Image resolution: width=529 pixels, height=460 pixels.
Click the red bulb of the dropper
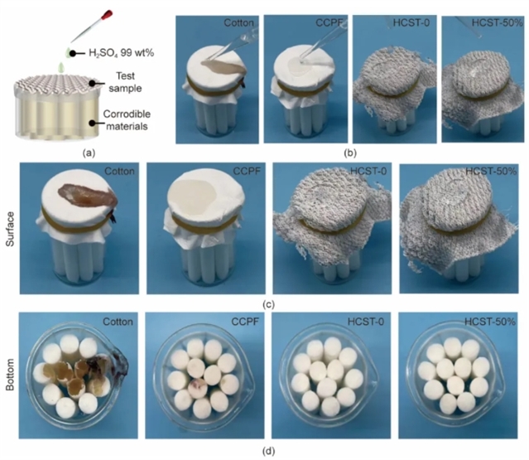click(x=108, y=16)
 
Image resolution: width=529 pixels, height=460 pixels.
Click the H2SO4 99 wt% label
click(x=122, y=53)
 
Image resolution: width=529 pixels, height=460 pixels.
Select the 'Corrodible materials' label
click(x=127, y=120)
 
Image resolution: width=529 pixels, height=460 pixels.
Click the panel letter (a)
click(x=89, y=153)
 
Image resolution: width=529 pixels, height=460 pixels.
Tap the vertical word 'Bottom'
click(x=11, y=375)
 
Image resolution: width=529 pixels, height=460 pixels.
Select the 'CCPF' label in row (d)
click(x=245, y=322)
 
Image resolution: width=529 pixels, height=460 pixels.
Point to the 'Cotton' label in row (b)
click(x=239, y=23)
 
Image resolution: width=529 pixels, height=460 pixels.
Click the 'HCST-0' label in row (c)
click(x=368, y=171)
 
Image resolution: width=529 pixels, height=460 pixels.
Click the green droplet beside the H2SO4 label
click(x=70, y=53)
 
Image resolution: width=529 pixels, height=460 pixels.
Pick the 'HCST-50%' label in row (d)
click(x=490, y=322)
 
